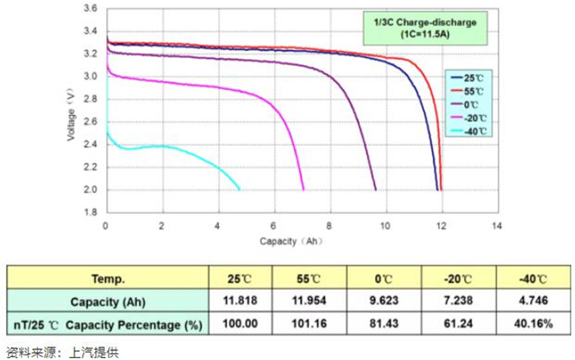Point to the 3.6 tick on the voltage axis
tap(91, 9)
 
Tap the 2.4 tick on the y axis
tap(91, 145)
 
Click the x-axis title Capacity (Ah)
tap(289, 241)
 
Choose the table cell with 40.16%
tap(532, 324)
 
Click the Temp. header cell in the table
tap(108, 279)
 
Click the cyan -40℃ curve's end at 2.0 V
tap(240, 190)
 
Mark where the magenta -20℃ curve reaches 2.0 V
tap(303, 190)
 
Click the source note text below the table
tap(62, 352)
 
